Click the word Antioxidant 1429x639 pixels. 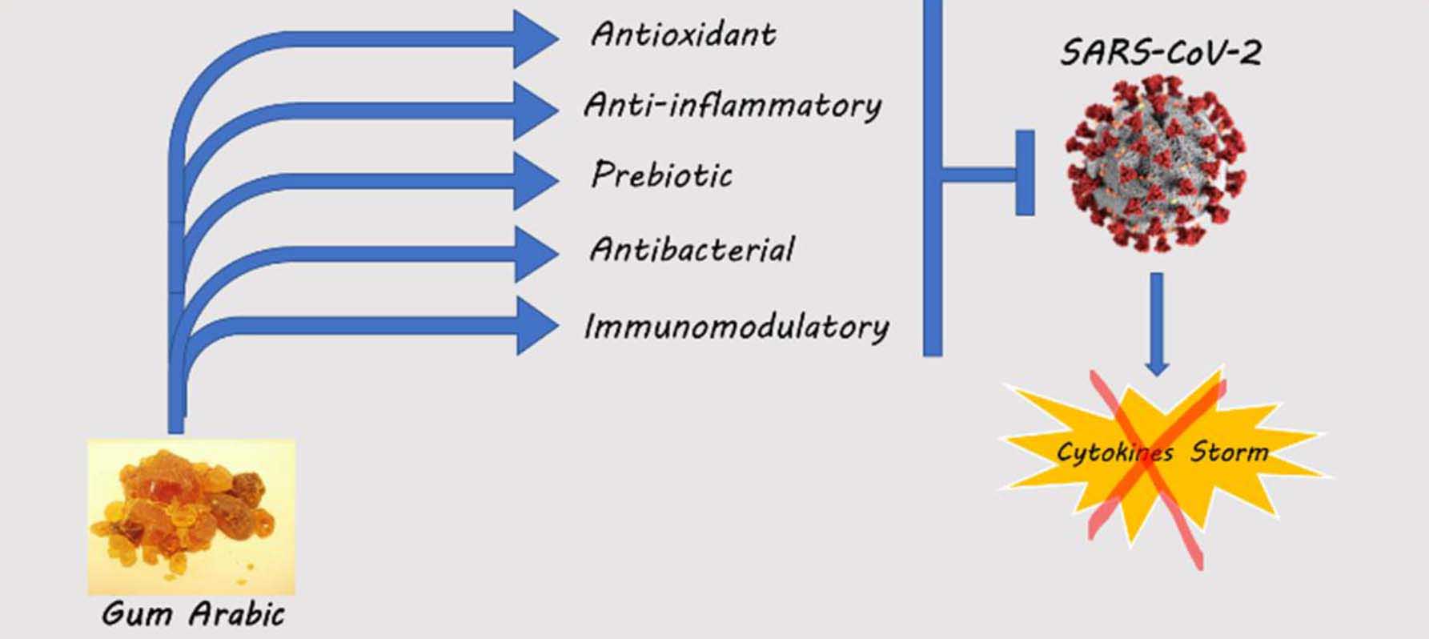[x=683, y=34]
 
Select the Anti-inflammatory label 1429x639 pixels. [x=733, y=105]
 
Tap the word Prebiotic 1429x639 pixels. [x=661, y=175]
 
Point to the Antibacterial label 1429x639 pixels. [x=692, y=250]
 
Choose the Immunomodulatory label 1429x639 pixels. [x=737, y=327]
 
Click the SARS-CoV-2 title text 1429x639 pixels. [x=1161, y=53]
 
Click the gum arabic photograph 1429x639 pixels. [x=191, y=516]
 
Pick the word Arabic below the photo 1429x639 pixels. [x=237, y=615]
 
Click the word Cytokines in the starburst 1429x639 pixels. [x=1114, y=452]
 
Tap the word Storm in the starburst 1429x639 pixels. [x=1230, y=452]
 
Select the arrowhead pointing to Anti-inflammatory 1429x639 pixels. [x=534, y=110]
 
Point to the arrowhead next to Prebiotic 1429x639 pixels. [x=534, y=180]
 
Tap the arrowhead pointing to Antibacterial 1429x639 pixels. [x=534, y=253]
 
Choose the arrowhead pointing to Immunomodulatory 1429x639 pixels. [x=534, y=325]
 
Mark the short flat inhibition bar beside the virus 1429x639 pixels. [x=1025, y=172]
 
